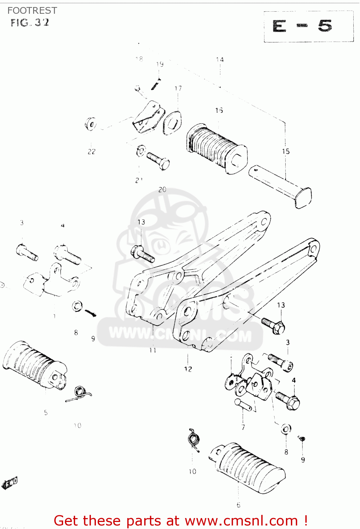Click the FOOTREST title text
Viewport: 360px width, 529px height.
coord(32,11)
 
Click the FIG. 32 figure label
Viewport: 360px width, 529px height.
coord(30,23)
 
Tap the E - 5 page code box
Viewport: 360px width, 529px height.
coord(308,26)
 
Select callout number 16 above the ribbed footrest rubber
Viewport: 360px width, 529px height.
coord(219,110)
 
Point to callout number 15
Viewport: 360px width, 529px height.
coord(286,151)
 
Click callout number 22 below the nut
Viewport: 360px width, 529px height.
coord(92,152)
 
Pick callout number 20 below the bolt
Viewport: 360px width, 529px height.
coord(162,189)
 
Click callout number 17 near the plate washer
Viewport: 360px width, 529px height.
coord(178,88)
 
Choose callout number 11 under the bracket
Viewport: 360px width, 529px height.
coord(153,350)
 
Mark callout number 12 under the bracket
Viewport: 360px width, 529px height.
coord(188,369)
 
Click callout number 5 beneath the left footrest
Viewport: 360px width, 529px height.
coord(46,412)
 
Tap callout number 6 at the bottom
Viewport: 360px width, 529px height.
coord(239,505)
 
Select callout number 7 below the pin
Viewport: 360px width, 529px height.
coord(243,427)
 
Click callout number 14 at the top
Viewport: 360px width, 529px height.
coord(220,60)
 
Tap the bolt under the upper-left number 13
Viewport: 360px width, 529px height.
coord(142,254)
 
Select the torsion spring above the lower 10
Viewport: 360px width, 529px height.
coord(194,440)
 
